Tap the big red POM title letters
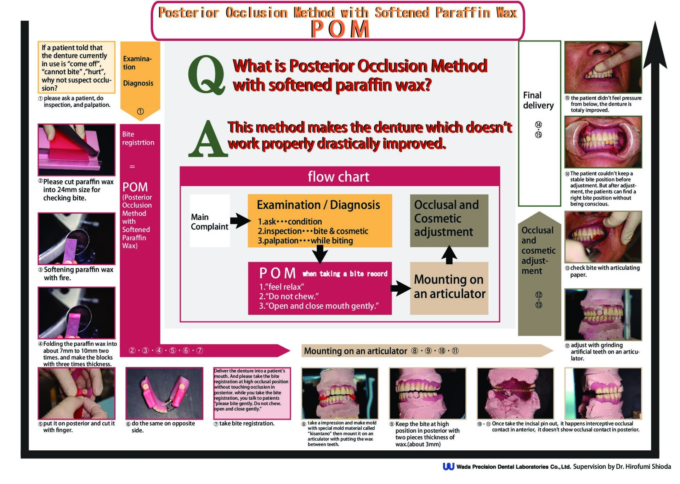coord(340,29)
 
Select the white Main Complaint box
coord(209,221)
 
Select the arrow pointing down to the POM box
coord(319,254)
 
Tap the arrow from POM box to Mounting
coord(401,288)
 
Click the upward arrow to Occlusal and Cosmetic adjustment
coord(449,254)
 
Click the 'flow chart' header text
coord(338,176)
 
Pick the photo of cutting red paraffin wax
coord(76,150)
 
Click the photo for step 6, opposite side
coord(164,393)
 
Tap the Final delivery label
coord(538,100)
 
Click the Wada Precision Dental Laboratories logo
coord(448,467)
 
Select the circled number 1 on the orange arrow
coord(140,112)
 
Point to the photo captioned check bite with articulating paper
coord(603,237)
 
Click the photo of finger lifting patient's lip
coord(603,67)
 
